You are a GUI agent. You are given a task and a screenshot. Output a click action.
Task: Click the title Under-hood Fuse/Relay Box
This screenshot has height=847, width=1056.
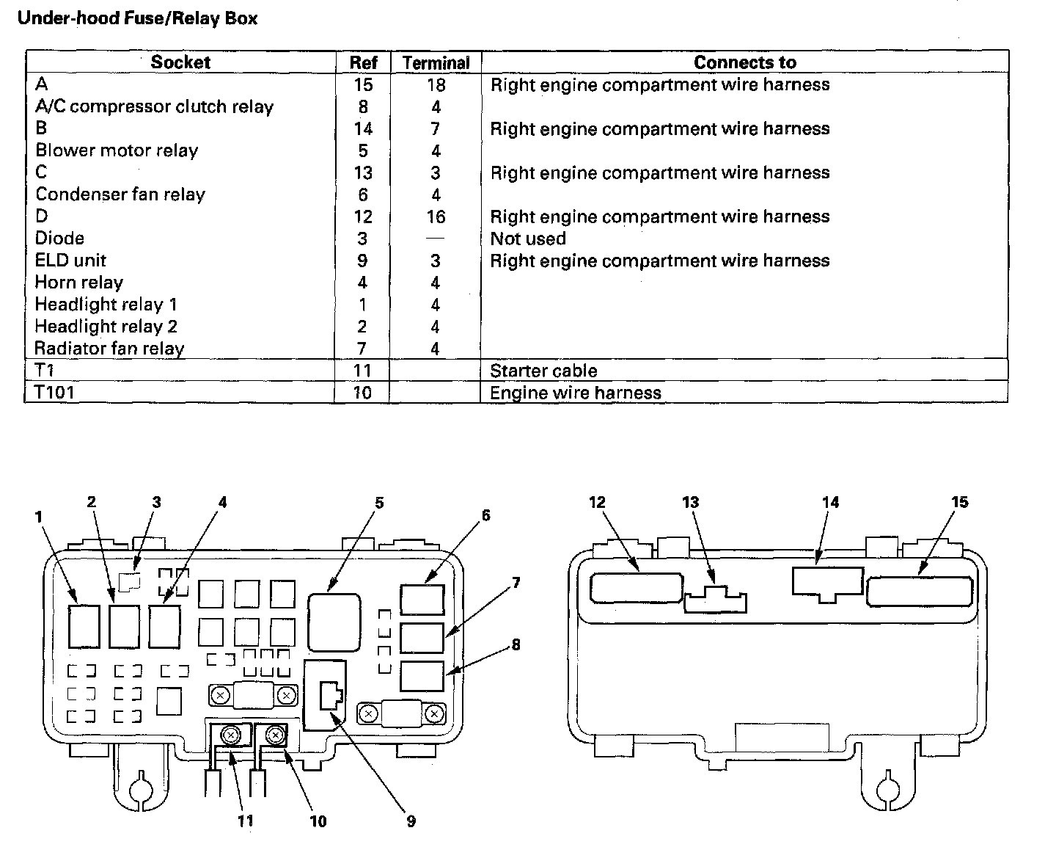click(x=137, y=18)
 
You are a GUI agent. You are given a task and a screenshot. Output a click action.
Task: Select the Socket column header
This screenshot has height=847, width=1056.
click(x=180, y=62)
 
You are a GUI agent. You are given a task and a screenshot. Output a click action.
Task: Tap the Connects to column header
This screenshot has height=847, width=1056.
click(x=744, y=62)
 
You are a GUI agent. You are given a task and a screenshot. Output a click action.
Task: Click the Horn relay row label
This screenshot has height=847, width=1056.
click(x=79, y=283)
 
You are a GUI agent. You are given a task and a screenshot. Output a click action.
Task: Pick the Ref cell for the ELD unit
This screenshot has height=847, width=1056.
click(x=362, y=261)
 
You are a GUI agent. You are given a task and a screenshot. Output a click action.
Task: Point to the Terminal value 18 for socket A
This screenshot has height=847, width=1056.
click(x=436, y=85)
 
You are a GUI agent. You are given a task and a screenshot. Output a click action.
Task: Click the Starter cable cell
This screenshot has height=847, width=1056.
click(x=543, y=371)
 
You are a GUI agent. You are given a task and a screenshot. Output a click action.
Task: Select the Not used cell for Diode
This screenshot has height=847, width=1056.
click(x=528, y=239)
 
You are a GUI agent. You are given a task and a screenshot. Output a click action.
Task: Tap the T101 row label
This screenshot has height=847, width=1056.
click(x=55, y=393)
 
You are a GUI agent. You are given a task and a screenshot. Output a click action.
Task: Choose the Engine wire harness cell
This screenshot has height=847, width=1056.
click(x=575, y=393)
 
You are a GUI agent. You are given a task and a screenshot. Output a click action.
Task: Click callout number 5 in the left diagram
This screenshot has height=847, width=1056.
click(x=379, y=503)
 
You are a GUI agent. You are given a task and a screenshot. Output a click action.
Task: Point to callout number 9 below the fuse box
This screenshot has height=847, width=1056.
click(x=411, y=821)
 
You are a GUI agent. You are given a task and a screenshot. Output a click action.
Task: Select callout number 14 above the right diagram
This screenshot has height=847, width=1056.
click(x=830, y=502)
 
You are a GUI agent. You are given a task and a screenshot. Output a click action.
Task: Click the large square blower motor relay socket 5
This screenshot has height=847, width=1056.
click(x=334, y=622)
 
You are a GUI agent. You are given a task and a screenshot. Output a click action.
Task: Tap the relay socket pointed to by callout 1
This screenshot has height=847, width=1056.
click(x=83, y=625)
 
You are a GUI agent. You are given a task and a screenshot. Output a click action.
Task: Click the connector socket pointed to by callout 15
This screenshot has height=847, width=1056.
click(x=919, y=581)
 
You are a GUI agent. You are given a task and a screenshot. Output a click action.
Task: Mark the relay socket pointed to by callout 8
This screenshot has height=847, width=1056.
click(x=422, y=676)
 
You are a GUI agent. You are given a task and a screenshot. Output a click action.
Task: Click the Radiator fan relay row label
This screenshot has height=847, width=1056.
click(x=109, y=349)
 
